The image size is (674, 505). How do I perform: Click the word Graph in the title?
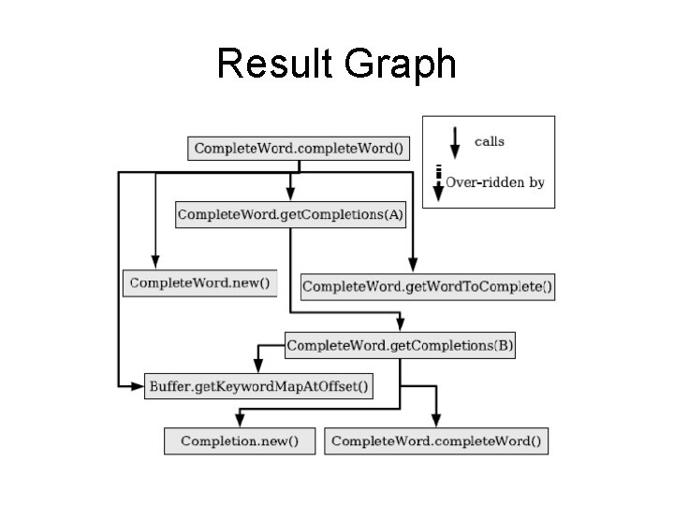[400, 65]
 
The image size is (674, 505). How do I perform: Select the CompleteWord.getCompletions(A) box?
[290, 214]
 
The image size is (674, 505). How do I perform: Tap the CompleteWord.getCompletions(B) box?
[400, 346]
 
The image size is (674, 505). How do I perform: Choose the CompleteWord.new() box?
[199, 282]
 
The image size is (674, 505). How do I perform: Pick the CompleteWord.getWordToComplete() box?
[427, 285]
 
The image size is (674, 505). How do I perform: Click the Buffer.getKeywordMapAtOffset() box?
[258, 385]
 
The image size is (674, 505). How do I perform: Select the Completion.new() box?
[239, 440]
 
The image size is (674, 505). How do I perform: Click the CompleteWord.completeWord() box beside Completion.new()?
[436, 440]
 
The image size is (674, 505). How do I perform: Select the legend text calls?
[489, 142]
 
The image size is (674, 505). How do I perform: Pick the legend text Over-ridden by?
[494, 182]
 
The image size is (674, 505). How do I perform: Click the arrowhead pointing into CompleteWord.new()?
[156, 263]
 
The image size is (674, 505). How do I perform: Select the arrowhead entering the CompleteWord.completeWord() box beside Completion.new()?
[435, 422]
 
